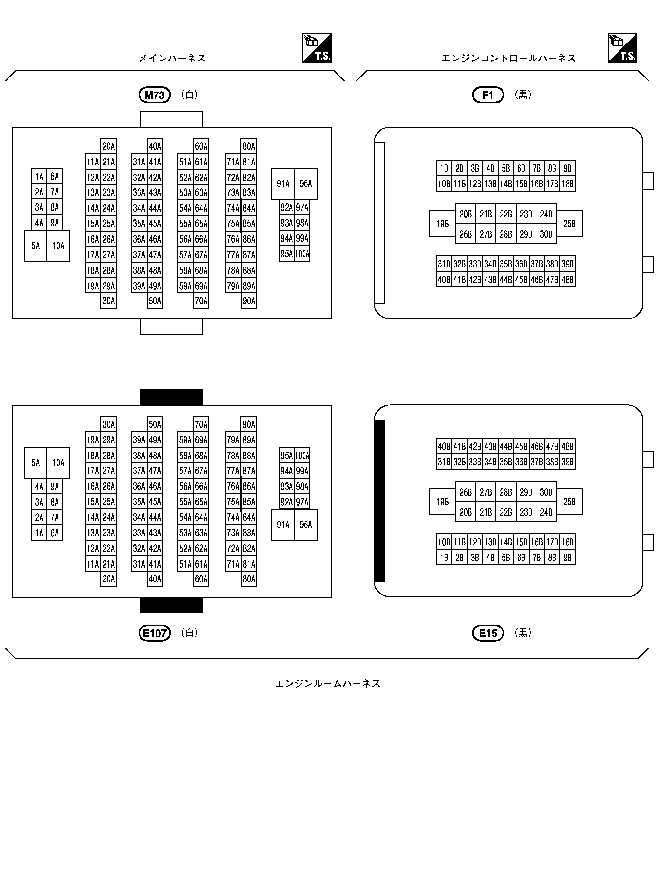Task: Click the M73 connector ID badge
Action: [155, 95]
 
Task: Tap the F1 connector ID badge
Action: [488, 95]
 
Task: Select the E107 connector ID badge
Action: [155, 633]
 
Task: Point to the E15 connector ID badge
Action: [488, 633]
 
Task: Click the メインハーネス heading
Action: [172, 58]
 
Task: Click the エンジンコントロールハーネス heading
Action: [509, 58]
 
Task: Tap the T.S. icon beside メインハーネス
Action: [317, 48]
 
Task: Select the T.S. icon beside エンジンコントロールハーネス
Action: [622, 48]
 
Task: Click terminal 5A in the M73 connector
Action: [36, 246]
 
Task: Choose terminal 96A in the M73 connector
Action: [305, 183]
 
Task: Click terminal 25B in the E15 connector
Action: [569, 502]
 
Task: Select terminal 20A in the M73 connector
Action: [108, 146]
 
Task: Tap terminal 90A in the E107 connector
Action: [249, 424]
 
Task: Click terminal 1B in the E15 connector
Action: [444, 557]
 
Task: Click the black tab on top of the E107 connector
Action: [172, 397]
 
